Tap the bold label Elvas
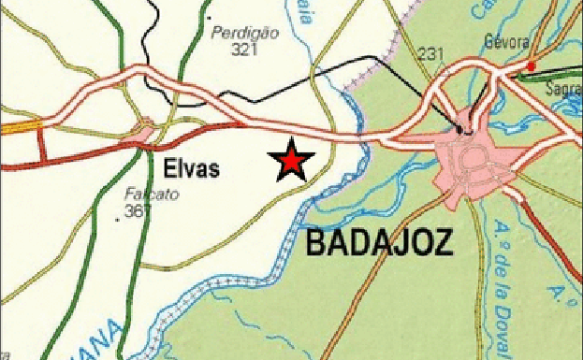[191, 169]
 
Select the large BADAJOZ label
[379, 244]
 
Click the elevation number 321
[242, 48]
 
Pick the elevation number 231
[431, 53]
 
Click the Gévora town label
[507, 42]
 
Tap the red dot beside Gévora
[531, 65]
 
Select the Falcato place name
[143, 195]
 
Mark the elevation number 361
[137, 212]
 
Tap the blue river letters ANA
[103, 339]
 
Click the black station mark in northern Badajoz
[459, 128]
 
